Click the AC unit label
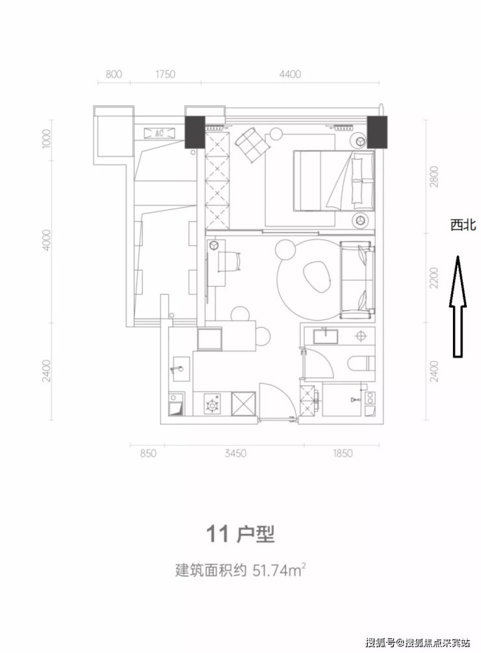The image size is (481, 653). (x=159, y=133)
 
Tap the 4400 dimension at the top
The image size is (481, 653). (x=290, y=74)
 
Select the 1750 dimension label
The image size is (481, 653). (x=165, y=74)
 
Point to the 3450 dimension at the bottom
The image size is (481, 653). (x=235, y=453)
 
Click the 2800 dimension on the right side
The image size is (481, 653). (x=434, y=176)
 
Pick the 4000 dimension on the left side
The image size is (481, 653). (x=47, y=240)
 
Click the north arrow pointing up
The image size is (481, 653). (x=458, y=306)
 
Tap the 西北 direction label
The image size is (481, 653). (x=463, y=225)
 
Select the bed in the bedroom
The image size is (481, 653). (x=334, y=180)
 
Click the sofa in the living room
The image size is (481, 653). (x=357, y=280)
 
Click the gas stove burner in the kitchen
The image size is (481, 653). (x=213, y=405)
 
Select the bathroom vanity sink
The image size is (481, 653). (x=326, y=336)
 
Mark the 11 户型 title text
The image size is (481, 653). (x=240, y=534)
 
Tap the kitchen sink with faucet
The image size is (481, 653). (x=180, y=369)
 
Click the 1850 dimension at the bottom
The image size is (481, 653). (x=342, y=453)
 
